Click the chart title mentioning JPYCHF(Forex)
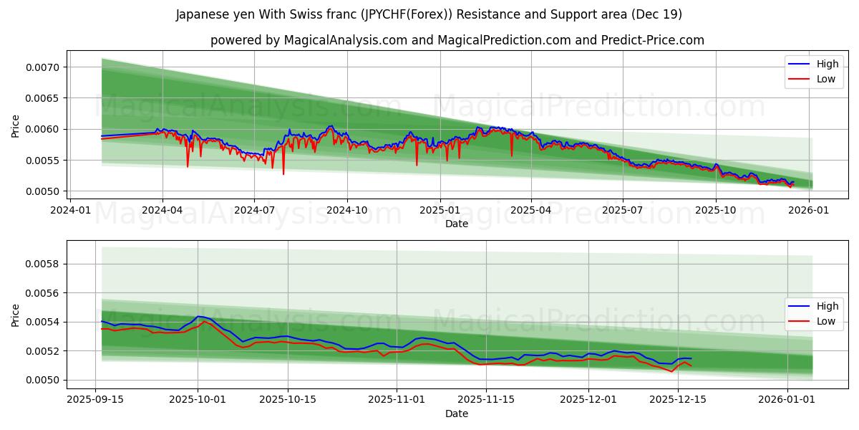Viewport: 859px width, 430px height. pyautogui.click(x=429, y=14)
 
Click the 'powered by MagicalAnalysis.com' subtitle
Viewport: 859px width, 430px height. pyautogui.click(x=457, y=40)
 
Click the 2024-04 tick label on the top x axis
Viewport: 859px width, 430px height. pyautogui.click(x=162, y=210)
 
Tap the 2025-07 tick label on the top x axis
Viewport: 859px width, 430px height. pyautogui.click(x=623, y=210)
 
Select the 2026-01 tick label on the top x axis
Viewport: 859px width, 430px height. pyautogui.click(x=809, y=210)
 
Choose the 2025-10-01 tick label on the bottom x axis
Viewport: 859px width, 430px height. pyautogui.click(x=198, y=399)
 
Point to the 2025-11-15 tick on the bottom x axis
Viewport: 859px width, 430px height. pyautogui.click(x=486, y=399)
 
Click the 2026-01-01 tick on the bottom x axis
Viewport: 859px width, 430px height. pyautogui.click(x=787, y=399)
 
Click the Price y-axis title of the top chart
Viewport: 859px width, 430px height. pyautogui.click(x=16, y=125)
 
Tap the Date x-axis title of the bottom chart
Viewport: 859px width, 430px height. pyautogui.click(x=457, y=414)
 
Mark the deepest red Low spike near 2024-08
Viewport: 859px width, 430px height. pyautogui.click(x=283, y=174)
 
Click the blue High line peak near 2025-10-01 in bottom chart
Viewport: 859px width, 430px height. pyautogui.click(x=198, y=316)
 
